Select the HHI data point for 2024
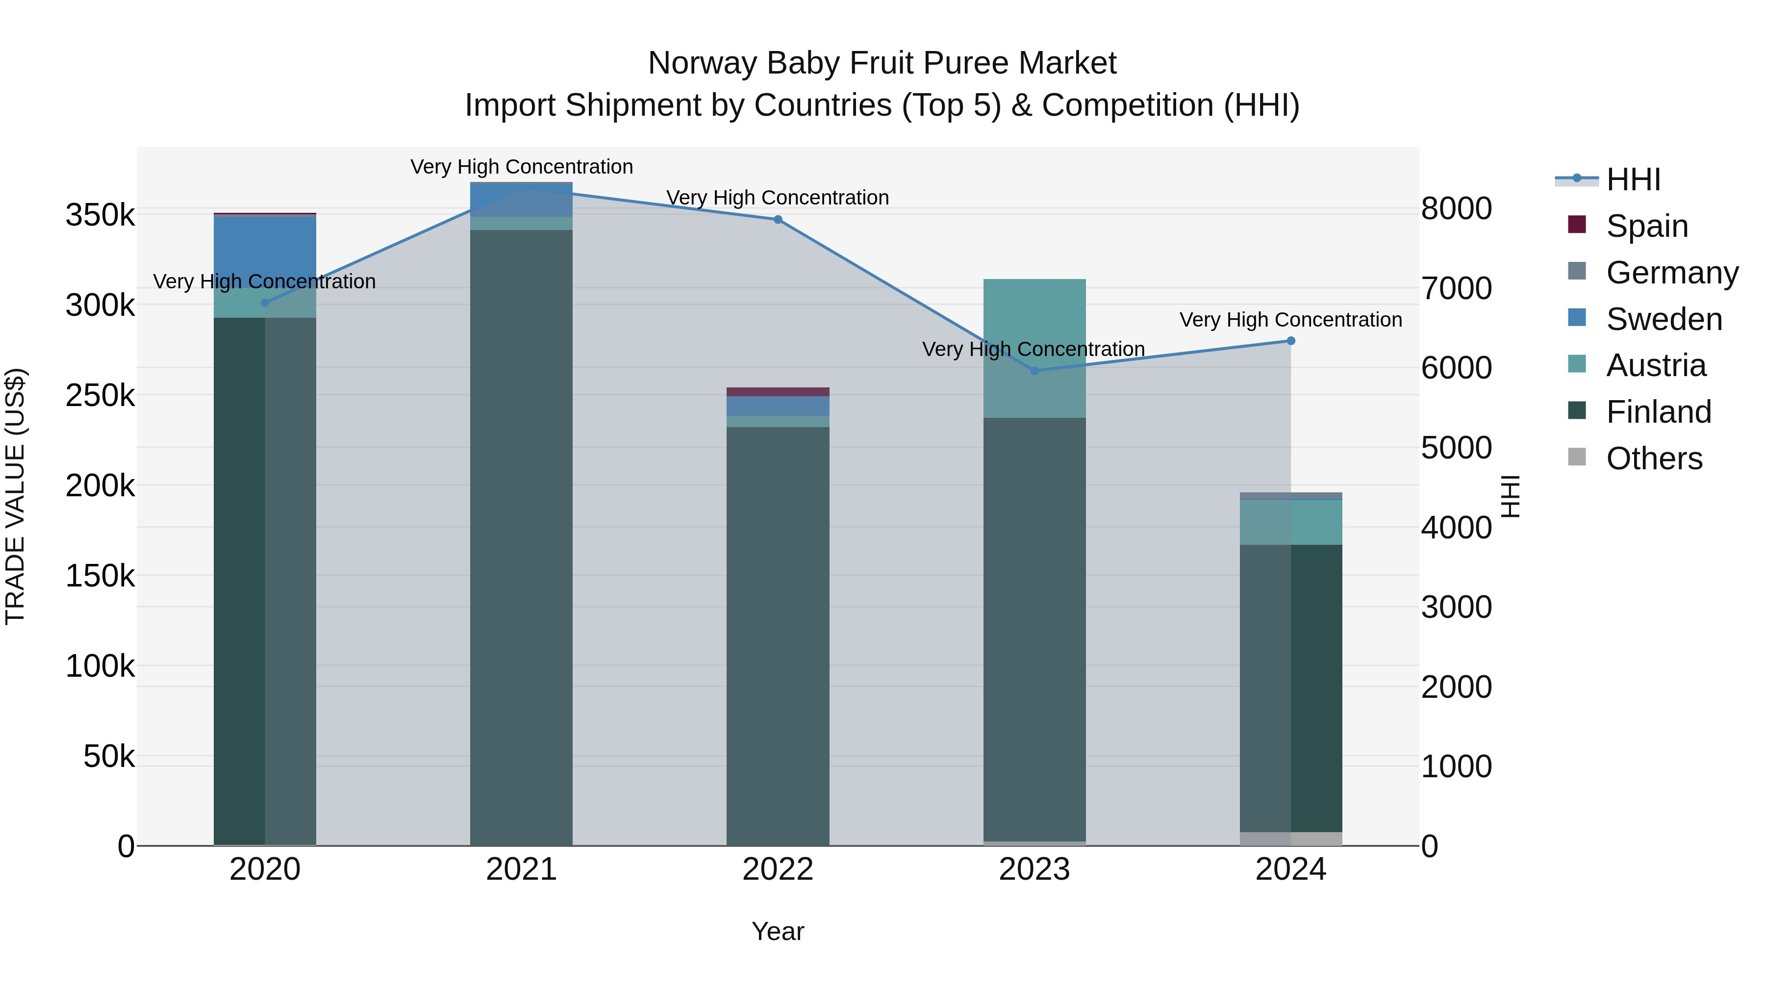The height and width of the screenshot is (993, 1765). click(1291, 341)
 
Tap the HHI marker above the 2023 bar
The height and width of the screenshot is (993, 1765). click(1034, 371)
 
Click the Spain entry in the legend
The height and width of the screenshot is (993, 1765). click(1646, 226)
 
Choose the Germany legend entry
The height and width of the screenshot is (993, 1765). click(1671, 273)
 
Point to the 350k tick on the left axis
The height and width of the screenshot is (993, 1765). click(100, 215)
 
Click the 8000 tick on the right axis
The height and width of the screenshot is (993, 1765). click(1456, 208)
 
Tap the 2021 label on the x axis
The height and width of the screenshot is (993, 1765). click(522, 869)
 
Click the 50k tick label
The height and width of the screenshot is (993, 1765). click(109, 757)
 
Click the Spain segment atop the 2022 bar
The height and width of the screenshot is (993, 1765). click(778, 392)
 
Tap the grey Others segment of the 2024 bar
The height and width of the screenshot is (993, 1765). click(1291, 839)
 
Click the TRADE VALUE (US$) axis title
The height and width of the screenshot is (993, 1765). click(15, 496)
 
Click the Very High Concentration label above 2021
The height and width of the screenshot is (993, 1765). click(522, 167)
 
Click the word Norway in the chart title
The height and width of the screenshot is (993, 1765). click(702, 63)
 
